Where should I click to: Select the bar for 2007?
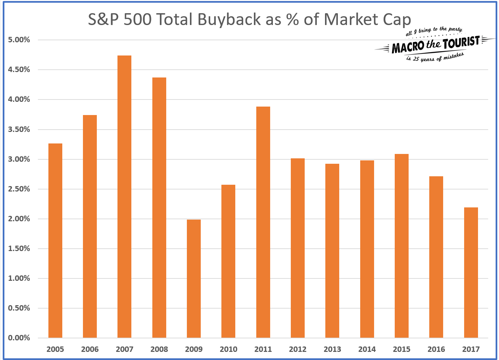pyautogui.click(x=124, y=196)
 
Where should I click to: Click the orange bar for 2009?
pyautogui.click(x=194, y=278)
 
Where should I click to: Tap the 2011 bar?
pyautogui.click(x=263, y=222)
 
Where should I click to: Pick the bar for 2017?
pyautogui.click(x=471, y=272)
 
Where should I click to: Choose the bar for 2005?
pyautogui.click(x=55, y=241)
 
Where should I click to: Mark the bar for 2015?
pyautogui.click(x=402, y=246)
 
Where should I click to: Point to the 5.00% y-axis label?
pyautogui.click(x=19, y=40)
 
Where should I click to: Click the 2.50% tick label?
pyautogui.click(x=19, y=189)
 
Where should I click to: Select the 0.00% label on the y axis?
pyautogui.click(x=19, y=338)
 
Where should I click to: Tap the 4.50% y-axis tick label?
pyautogui.click(x=19, y=70)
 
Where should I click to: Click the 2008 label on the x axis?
pyautogui.click(x=159, y=349)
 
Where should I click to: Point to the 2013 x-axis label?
pyautogui.click(x=332, y=349)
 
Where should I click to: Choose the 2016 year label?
pyautogui.click(x=436, y=349)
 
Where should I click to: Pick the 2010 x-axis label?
pyautogui.click(x=229, y=349)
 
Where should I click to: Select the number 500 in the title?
pyautogui.click(x=137, y=20)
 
